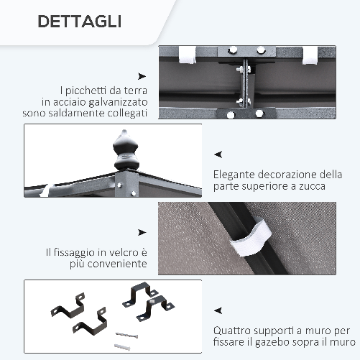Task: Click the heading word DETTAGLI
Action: point(79,21)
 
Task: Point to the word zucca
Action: point(310,186)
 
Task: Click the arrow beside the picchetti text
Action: point(142,75)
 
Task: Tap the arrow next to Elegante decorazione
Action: point(218,154)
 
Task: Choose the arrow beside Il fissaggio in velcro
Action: point(142,232)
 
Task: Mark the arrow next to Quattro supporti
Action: point(218,310)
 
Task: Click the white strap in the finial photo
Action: point(45,190)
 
